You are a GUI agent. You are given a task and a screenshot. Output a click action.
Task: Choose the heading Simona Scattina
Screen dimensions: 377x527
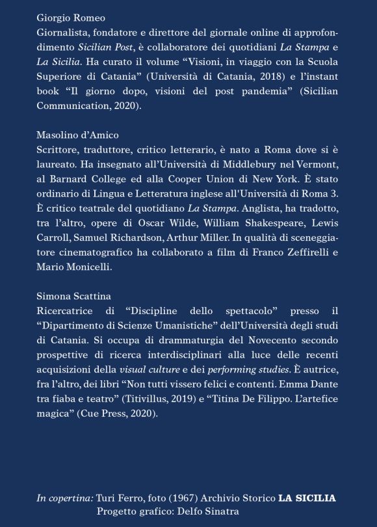(73, 298)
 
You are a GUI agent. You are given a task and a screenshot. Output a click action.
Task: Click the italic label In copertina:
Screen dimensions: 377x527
(65, 498)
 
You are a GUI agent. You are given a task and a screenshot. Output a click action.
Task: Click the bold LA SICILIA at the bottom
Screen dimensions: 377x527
(307, 498)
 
